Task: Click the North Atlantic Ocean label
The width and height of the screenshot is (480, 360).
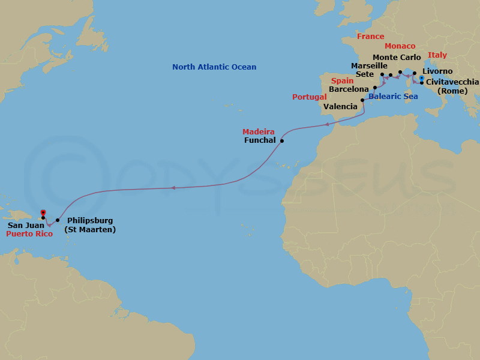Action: (x=214, y=67)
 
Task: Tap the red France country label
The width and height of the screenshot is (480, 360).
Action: (x=370, y=37)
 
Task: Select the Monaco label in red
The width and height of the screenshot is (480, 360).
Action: (x=400, y=46)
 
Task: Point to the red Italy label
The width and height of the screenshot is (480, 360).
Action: (x=437, y=55)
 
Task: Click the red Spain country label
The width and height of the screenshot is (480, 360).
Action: (x=342, y=80)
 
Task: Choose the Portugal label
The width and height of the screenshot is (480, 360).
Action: (x=309, y=97)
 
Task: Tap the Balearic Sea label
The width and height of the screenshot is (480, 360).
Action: (x=392, y=96)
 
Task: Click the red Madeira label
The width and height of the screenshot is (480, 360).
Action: (x=258, y=132)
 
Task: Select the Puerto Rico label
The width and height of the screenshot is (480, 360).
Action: (x=28, y=234)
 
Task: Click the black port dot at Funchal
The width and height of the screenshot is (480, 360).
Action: (x=282, y=142)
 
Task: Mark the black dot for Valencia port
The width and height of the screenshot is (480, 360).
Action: (x=362, y=100)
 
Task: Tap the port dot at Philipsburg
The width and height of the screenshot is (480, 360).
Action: (x=58, y=220)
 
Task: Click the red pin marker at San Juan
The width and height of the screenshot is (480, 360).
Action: (x=43, y=212)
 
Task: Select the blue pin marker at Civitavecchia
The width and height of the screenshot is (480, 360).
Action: (x=421, y=78)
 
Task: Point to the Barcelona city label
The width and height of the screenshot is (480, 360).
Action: (x=349, y=89)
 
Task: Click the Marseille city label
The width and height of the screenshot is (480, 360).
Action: (x=368, y=66)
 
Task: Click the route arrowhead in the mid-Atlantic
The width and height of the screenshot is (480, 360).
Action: (x=173, y=188)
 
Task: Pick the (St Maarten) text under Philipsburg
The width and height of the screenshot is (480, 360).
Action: (x=90, y=230)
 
